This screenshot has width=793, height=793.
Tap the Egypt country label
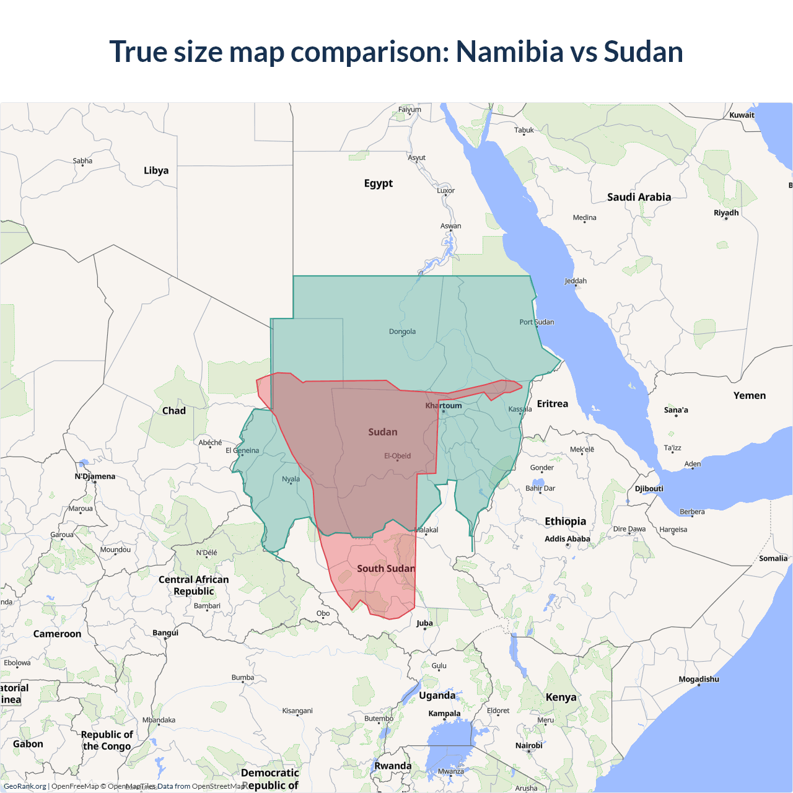tap(378, 183)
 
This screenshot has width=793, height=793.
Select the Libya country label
tap(156, 170)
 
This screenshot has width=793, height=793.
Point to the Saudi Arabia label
tap(639, 197)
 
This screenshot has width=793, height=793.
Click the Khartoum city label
tap(444, 406)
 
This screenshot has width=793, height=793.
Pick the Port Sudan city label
tap(537, 322)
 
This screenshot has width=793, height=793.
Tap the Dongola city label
tap(402, 331)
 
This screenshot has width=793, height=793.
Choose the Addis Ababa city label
tap(567, 539)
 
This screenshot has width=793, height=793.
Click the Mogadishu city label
tap(699, 679)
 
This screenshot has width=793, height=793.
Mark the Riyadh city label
tap(726, 212)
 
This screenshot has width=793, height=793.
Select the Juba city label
tap(424, 623)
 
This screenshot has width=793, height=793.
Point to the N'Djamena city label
tap(95, 476)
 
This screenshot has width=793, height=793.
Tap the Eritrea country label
tap(552, 404)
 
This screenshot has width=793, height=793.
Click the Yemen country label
tap(749, 395)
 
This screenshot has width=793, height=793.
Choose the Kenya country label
tap(561, 697)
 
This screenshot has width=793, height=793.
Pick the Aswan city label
tap(450, 226)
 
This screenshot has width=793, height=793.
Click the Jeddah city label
tap(576, 281)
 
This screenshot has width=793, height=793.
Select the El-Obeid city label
tap(397, 456)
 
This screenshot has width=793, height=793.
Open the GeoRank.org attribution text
tap(25, 786)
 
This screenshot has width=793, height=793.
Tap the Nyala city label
tap(291, 479)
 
